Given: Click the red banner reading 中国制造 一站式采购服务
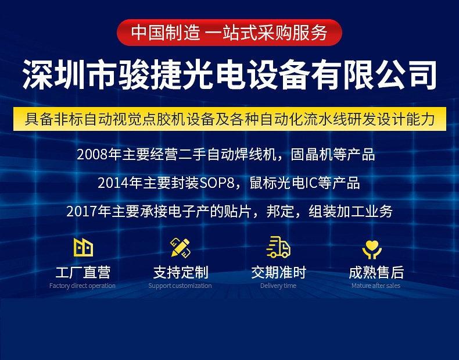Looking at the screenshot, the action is [x=229, y=33].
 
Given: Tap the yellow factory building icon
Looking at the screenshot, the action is [x=83, y=248].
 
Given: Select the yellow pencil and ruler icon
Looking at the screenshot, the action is [x=180, y=248].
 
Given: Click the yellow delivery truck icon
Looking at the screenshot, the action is [x=278, y=247].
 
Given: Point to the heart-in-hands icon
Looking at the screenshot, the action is [x=372, y=249].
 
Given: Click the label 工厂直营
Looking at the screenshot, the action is [x=83, y=272].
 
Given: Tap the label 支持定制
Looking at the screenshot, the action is [x=181, y=272].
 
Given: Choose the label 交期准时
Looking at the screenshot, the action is [x=278, y=272].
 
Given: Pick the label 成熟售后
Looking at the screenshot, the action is [x=376, y=272].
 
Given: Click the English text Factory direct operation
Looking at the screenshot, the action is [x=83, y=286].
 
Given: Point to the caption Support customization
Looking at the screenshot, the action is [x=180, y=286].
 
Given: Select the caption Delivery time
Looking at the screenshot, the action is [x=278, y=286].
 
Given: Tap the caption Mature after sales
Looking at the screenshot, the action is [x=376, y=286].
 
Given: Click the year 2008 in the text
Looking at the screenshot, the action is [x=92, y=155].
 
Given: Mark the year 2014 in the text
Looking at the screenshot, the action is [x=113, y=183].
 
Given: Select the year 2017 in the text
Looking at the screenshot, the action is [x=82, y=212].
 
